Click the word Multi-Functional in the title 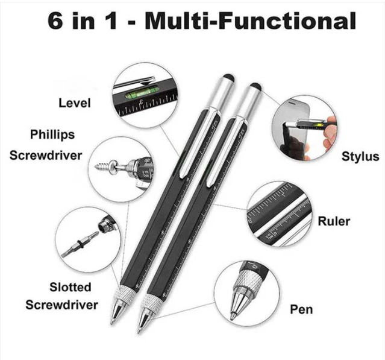pyautogui.click(x=250, y=21)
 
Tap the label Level pyautogui.click(x=75, y=103)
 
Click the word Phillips pyautogui.click(x=52, y=134)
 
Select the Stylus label pyautogui.click(x=360, y=157)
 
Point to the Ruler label pyautogui.click(x=334, y=221)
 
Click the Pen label pyautogui.click(x=301, y=309)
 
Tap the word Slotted pyautogui.click(x=70, y=287)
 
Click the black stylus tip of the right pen pyautogui.click(x=255, y=86)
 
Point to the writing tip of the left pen pyautogui.click(x=111, y=323)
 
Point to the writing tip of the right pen pyautogui.click(x=139, y=331)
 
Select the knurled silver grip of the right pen pyautogui.click(x=152, y=302)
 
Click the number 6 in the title pyautogui.click(x=55, y=21)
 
